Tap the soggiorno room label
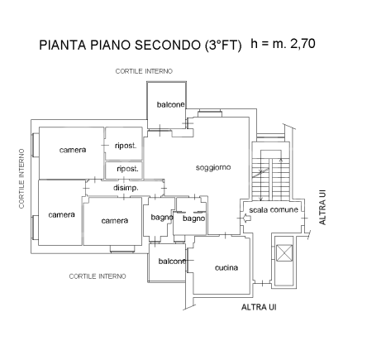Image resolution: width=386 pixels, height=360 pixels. coord(213,168)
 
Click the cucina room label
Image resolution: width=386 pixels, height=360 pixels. coord(226,267)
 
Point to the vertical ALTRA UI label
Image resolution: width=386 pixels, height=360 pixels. coord(323,208)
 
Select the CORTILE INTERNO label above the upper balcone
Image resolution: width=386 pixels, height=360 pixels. coord(144,72)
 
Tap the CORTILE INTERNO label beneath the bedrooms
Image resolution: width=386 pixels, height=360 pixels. coord(98,276)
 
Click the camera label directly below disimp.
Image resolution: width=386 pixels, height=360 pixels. coord(115,220)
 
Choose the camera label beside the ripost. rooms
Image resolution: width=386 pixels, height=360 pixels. coord(74,150)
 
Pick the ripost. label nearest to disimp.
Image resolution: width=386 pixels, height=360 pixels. coord(126,169)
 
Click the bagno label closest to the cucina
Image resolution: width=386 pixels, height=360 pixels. coord(193,218)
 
